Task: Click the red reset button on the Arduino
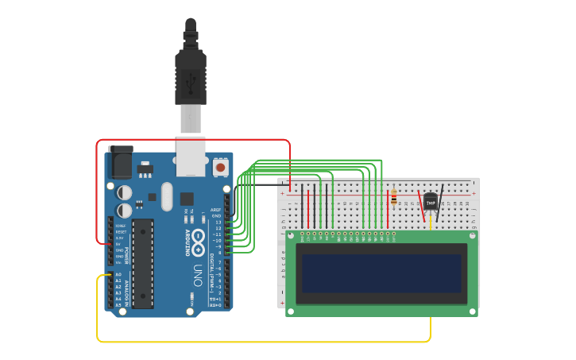pos(219,168)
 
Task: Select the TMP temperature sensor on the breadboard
pos(431,203)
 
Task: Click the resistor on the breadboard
pos(394,197)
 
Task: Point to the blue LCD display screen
pos(381,273)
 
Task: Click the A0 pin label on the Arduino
pos(119,275)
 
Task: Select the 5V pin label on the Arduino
pos(120,244)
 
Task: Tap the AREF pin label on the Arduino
pos(216,210)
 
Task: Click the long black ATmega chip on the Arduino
pos(142,263)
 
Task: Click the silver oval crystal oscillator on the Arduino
pos(166,196)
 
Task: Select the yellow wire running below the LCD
pos(262,342)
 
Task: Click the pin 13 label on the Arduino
pos(218,222)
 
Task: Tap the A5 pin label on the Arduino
pos(119,305)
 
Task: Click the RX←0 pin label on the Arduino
pos(215,305)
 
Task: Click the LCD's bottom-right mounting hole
pos(472,310)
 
